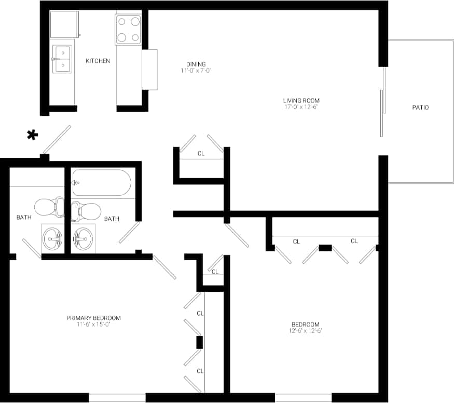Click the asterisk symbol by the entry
[32, 136]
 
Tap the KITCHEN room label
[98, 61]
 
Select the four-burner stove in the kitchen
[128, 29]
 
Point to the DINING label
[196, 64]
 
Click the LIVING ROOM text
[301, 101]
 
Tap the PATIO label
[420, 108]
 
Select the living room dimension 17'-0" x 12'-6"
[301, 108]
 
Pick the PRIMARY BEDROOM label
[93, 318]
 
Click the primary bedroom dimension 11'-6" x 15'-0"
[93, 325]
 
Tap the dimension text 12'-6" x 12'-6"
[305, 331]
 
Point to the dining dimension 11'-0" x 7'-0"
[196, 71]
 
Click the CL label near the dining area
[201, 154]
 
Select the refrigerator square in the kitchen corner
[64, 24]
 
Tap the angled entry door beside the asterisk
[57, 139]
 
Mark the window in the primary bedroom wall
[117, 398]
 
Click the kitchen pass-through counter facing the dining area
[149, 70]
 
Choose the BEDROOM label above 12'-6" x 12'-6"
[305, 324]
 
